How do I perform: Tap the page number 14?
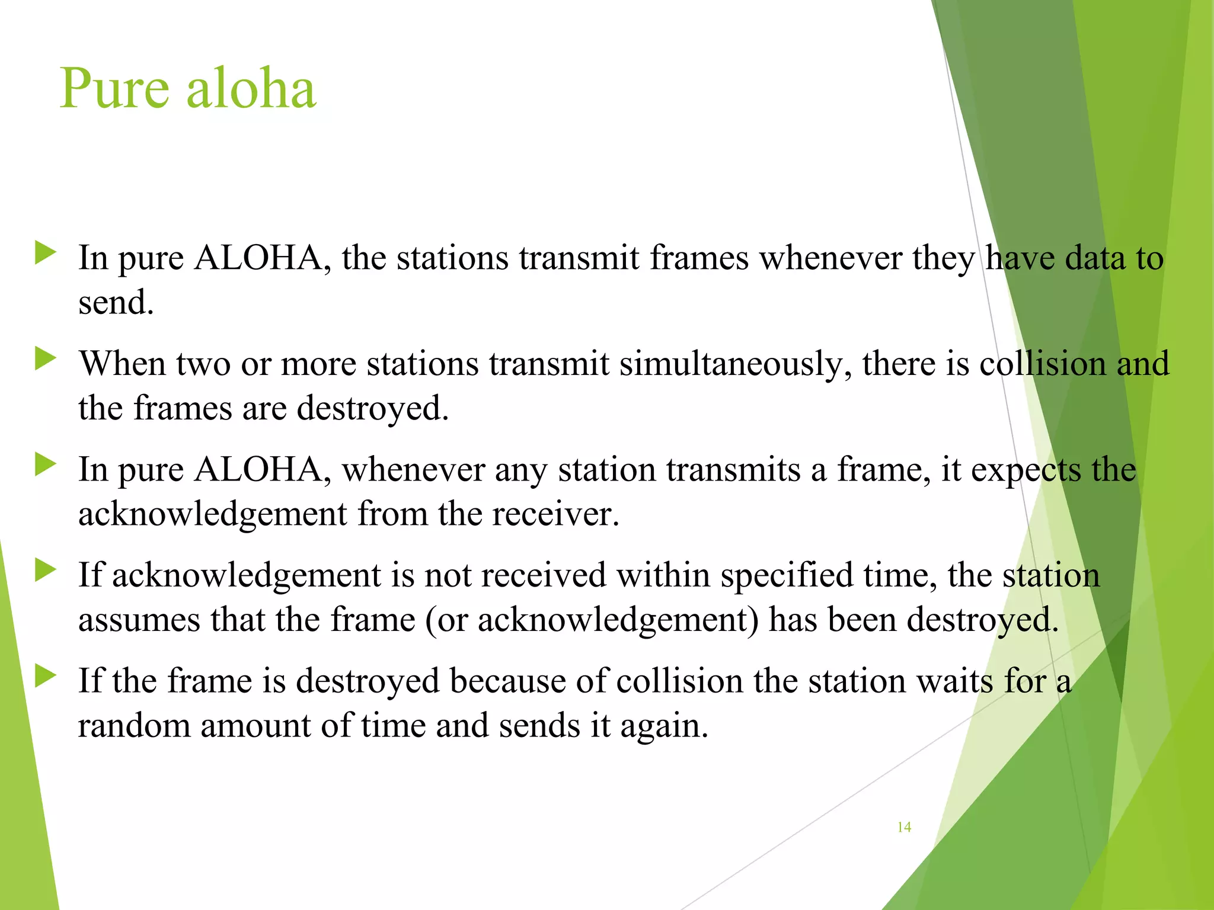pos(904,827)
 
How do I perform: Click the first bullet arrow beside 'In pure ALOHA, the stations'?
pos(46,252)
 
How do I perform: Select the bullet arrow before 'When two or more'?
pos(46,358)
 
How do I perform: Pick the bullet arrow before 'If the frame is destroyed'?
pos(46,676)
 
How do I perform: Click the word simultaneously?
pos(736,364)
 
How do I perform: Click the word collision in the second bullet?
pos(1043,364)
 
